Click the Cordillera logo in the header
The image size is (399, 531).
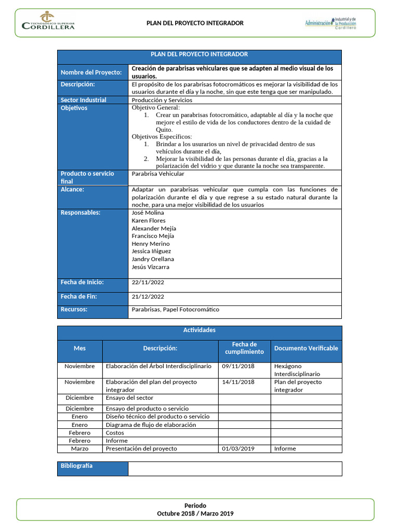(x=48, y=21)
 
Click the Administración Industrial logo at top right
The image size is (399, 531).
(x=334, y=23)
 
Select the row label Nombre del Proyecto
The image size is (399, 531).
(x=91, y=73)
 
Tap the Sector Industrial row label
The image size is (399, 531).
(x=84, y=100)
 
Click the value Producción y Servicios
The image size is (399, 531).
(x=162, y=100)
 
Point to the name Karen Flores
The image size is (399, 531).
(x=149, y=220)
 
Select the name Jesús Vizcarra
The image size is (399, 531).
(x=150, y=267)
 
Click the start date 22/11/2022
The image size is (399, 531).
(x=148, y=283)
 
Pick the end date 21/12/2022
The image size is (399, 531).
(x=148, y=297)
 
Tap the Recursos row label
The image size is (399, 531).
(x=74, y=310)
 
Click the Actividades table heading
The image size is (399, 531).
(x=199, y=330)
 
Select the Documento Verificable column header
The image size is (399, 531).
(x=305, y=348)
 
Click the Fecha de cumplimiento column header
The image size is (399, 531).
(x=244, y=348)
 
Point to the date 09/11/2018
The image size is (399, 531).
(x=238, y=366)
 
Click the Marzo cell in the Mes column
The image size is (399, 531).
(x=79, y=449)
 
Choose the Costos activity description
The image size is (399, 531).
(x=115, y=432)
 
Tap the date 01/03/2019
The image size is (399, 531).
(x=238, y=449)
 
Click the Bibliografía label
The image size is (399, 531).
(x=77, y=466)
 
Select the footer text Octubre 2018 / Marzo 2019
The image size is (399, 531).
(x=195, y=513)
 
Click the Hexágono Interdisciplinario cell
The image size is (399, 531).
(x=297, y=370)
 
